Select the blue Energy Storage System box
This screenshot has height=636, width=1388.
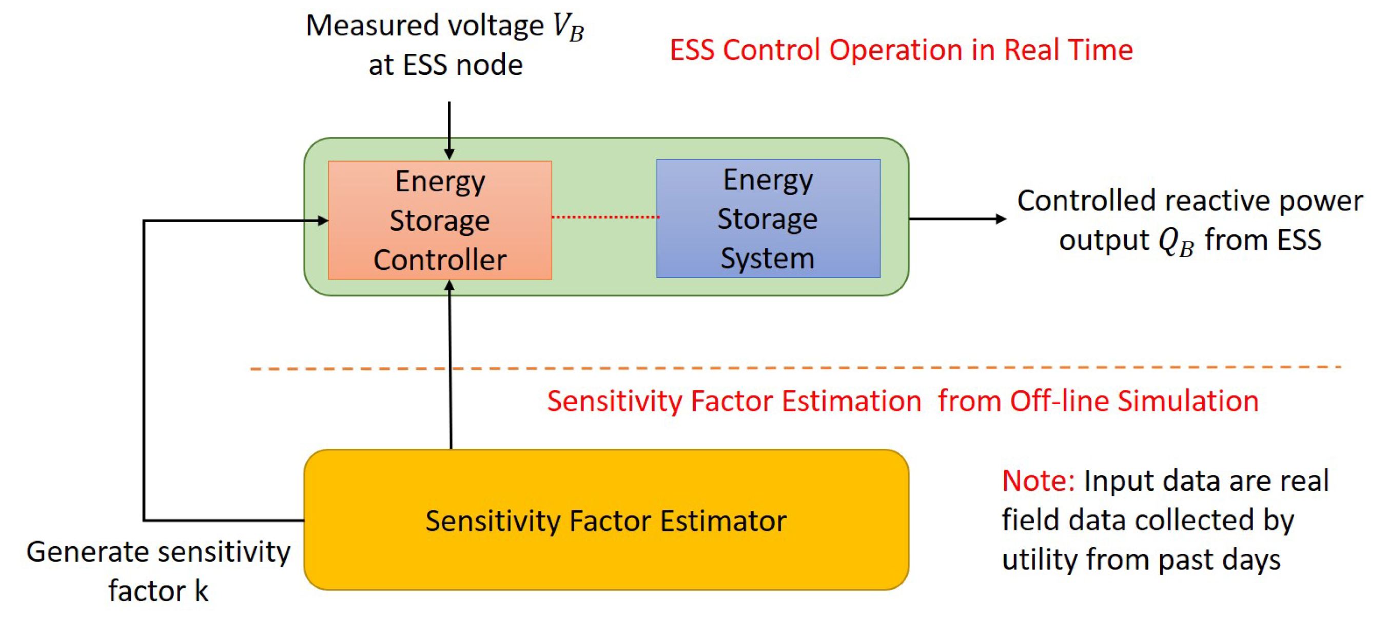(x=768, y=218)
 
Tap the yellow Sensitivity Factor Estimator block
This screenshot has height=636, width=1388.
(x=605, y=520)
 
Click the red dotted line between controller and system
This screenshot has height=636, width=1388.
(x=604, y=216)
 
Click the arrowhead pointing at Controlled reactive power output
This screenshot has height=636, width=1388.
(x=1001, y=218)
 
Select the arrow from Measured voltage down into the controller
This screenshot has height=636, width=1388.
(x=449, y=129)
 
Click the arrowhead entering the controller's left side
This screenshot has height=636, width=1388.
(x=323, y=220)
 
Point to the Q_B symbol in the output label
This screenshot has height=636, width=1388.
(x=1176, y=241)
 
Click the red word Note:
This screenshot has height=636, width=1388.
(x=1038, y=481)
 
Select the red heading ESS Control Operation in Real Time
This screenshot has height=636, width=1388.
(x=901, y=50)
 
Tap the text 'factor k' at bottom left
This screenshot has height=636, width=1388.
(x=158, y=591)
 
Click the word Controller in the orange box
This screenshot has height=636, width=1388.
(x=440, y=260)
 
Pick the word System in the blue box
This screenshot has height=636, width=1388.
(x=767, y=258)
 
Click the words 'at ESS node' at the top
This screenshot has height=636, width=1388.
(x=445, y=65)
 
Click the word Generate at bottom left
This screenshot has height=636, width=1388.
(x=87, y=552)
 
